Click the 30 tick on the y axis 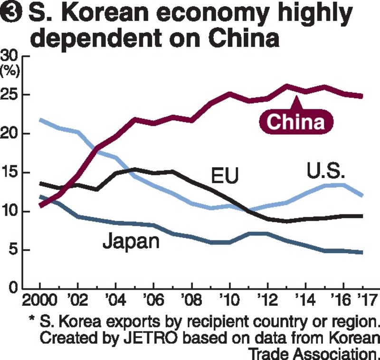[9, 57]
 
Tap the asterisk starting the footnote [32, 322]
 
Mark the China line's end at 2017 [362, 96]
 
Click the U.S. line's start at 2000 [40, 120]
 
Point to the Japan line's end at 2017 [362, 252]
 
